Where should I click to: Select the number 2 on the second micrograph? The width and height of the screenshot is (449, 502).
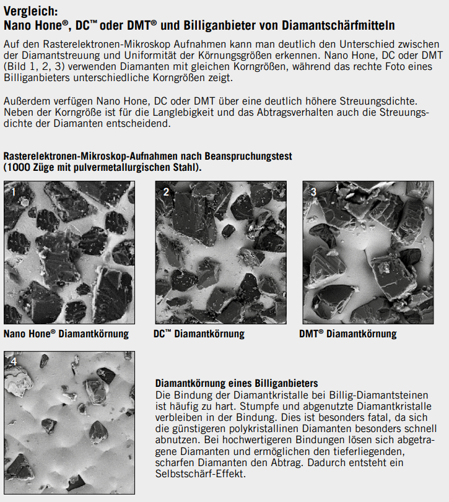pyautogui.click(x=165, y=192)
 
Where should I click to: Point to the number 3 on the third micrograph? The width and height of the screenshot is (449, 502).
pyautogui.click(x=313, y=192)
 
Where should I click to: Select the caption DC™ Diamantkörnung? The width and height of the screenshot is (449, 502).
pyautogui.click(x=199, y=334)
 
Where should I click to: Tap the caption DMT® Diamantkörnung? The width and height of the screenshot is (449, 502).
pyautogui.click(x=347, y=334)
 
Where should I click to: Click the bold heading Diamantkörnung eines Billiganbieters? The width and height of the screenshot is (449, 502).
pyautogui.click(x=236, y=384)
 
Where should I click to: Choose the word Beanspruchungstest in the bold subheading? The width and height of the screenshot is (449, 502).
pyautogui.click(x=249, y=157)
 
